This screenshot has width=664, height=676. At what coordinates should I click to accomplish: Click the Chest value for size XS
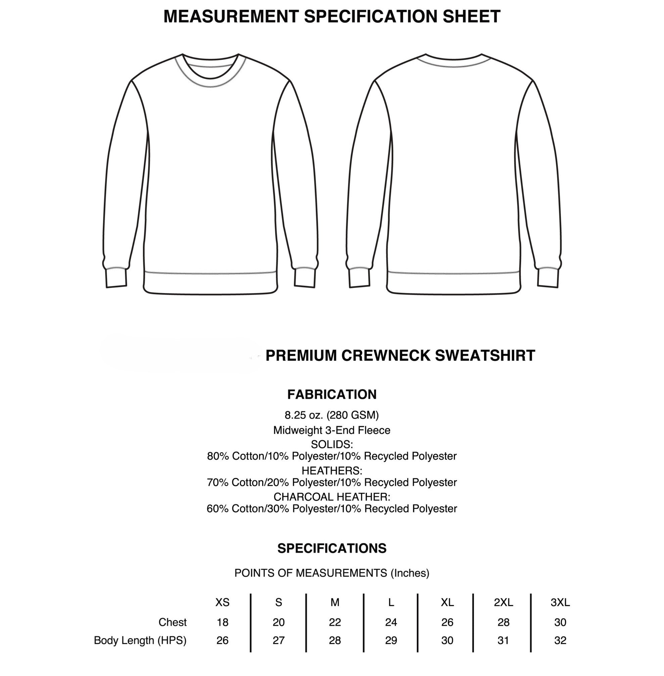pyautogui.click(x=223, y=622)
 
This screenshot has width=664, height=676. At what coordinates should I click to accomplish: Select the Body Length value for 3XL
pyautogui.click(x=560, y=640)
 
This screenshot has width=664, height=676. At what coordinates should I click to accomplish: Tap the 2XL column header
pyautogui.click(x=503, y=602)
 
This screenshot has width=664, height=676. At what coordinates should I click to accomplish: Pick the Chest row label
pyautogui.click(x=173, y=622)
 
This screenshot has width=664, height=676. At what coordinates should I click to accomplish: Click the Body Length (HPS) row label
pyautogui.click(x=140, y=640)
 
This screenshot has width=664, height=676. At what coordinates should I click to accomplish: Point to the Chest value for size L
pyautogui.click(x=391, y=622)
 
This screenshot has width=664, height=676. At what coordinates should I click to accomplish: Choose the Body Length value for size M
pyautogui.click(x=335, y=640)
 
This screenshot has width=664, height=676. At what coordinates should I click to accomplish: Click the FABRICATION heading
pyautogui.click(x=332, y=394)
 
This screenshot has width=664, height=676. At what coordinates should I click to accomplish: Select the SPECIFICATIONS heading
pyautogui.click(x=332, y=548)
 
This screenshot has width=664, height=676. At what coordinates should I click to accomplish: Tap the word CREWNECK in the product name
pyautogui.click(x=386, y=355)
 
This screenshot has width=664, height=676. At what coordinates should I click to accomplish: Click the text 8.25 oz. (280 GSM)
pyautogui.click(x=332, y=415)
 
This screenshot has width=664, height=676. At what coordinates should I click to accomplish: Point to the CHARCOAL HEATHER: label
pyautogui.click(x=332, y=496)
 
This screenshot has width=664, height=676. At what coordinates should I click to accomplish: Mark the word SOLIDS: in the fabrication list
pyautogui.click(x=332, y=444)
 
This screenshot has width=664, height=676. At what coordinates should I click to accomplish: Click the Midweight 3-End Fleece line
pyautogui.click(x=332, y=430)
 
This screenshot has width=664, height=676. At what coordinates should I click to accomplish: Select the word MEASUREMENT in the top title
pyautogui.click(x=231, y=16)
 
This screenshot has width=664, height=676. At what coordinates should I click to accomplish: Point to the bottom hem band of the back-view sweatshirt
pyautogui.click(x=454, y=283)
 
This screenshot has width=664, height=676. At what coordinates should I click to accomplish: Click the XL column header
pyautogui.click(x=447, y=602)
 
